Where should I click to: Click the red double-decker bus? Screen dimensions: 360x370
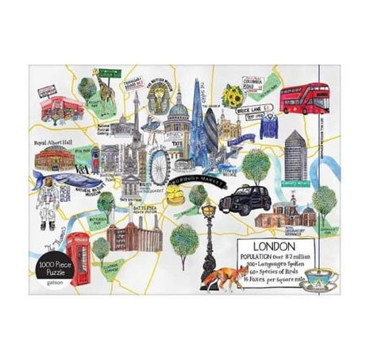pos(304,99)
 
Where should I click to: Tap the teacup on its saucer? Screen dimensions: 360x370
pos(324,281)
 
